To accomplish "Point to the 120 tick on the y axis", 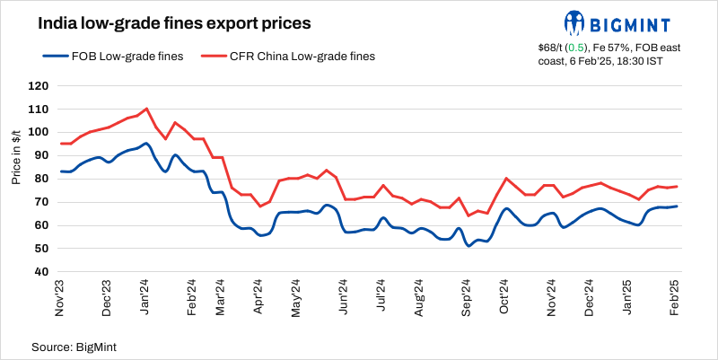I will tap(38, 86).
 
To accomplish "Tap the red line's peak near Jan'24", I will tap(146, 109).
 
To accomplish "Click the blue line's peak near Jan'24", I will tap(146, 143).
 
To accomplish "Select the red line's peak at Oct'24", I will tap(507, 179).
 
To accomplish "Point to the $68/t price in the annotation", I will tap(553, 47).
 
